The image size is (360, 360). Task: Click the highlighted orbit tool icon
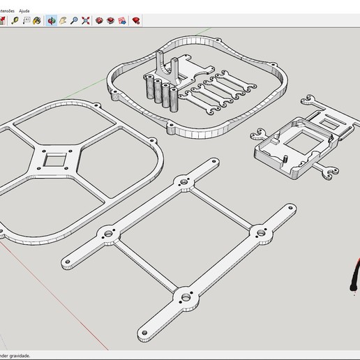click(x=52, y=21)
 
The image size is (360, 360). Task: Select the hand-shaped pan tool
click(x=63, y=21)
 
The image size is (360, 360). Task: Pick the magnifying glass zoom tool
click(x=74, y=21)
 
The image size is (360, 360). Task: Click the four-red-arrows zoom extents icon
click(x=86, y=21)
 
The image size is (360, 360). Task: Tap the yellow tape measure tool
click(x=14, y=21)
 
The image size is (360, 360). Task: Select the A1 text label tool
click(x=26, y=21)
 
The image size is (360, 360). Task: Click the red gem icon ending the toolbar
click(x=136, y=21)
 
